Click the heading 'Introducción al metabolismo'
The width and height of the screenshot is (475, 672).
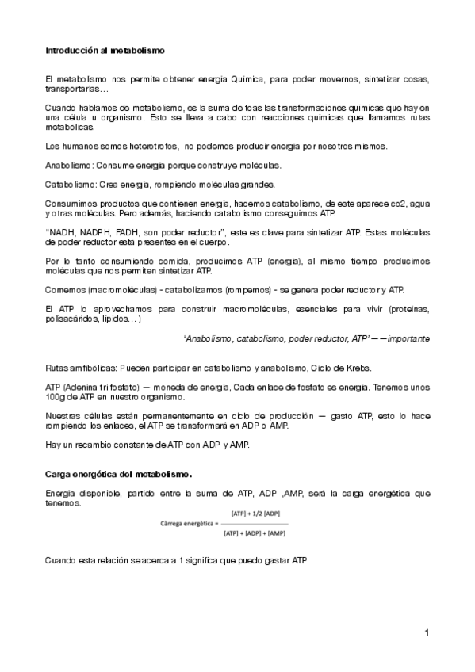(x=104, y=50)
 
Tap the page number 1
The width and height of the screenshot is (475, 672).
(x=427, y=632)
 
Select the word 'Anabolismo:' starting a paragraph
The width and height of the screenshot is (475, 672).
(x=70, y=165)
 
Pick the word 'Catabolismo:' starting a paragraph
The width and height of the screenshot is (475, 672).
(x=71, y=185)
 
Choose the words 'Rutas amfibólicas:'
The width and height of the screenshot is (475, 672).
(x=80, y=368)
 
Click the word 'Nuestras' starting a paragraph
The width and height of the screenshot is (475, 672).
(x=64, y=415)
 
